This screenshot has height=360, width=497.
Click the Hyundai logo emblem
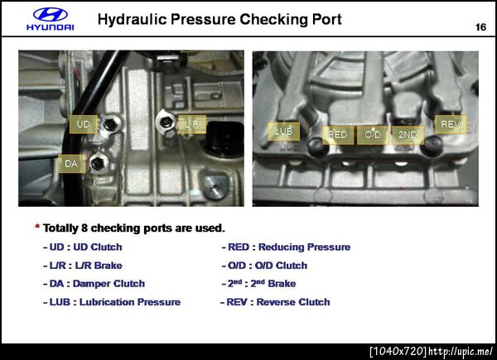click(x=51, y=15)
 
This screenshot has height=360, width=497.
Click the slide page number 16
click(x=480, y=27)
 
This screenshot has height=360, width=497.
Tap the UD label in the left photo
click(x=84, y=124)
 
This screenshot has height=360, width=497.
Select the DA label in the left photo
click(x=71, y=164)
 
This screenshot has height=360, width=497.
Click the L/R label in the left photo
click(x=192, y=124)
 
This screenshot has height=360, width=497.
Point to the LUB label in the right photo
click(x=283, y=131)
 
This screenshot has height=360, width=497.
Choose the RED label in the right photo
click(x=338, y=135)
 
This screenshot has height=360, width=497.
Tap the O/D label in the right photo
click(x=373, y=135)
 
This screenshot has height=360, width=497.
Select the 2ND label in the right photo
click(x=408, y=135)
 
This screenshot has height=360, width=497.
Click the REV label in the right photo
click(x=451, y=124)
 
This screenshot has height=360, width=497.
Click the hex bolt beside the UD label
click(x=110, y=124)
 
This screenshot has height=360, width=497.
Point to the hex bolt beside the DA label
click(x=98, y=163)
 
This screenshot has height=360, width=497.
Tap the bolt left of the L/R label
click(x=166, y=122)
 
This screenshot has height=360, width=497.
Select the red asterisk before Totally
click(x=37, y=227)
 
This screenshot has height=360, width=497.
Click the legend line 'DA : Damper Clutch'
click(x=94, y=284)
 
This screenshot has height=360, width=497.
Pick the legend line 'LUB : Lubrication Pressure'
click(x=112, y=302)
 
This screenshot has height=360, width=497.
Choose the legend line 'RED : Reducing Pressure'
click(x=287, y=247)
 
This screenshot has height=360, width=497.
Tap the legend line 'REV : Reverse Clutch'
click(x=275, y=302)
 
